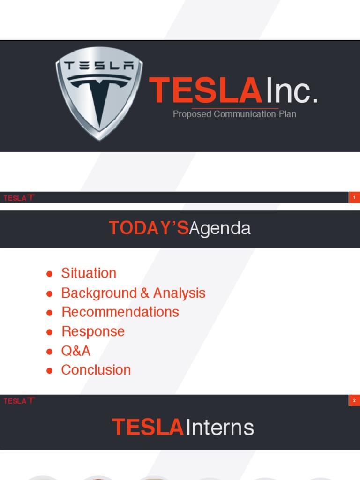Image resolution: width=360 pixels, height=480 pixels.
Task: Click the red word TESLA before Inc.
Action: pyautogui.click(x=205, y=90)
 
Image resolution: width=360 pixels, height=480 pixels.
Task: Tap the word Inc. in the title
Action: pyautogui.click(x=292, y=90)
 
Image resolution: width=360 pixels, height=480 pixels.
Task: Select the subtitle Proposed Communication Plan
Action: pyautogui.click(x=234, y=114)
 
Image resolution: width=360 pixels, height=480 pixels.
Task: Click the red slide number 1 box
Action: pyautogui.click(x=354, y=198)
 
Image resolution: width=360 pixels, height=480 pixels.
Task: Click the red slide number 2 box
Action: pyautogui.click(x=354, y=400)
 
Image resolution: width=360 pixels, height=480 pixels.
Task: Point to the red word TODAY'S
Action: pyautogui.click(x=149, y=228)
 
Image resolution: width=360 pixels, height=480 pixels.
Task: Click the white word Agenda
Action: pyautogui.click(x=220, y=228)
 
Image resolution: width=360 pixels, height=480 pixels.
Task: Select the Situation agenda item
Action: pyautogui.click(x=89, y=273)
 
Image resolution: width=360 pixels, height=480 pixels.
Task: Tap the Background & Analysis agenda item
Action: pyautogui.click(x=133, y=293)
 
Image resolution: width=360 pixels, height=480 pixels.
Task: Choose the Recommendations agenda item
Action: pyautogui.click(x=120, y=312)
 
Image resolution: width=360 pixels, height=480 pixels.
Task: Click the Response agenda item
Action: pyautogui.click(x=93, y=331)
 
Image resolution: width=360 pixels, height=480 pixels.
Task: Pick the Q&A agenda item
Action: pyautogui.click(x=76, y=351)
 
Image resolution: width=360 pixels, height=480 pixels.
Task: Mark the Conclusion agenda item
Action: pyautogui.click(x=96, y=370)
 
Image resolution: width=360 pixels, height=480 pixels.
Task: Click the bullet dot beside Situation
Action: pyautogui.click(x=49, y=274)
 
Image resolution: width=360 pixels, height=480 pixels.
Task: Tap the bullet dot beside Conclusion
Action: pyautogui.click(x=49, y=371)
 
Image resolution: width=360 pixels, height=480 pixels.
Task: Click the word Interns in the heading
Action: pyautogui.click(x=220, y=427)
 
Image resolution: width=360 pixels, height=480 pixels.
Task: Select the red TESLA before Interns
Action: pyautogui.click(x=148, y=427)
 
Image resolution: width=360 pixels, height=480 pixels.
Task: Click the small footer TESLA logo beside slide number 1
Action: pyautogui.click(x=19, y=198)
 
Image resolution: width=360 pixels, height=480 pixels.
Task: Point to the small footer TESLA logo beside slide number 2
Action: pyautogui.click(x=19, y=401)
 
